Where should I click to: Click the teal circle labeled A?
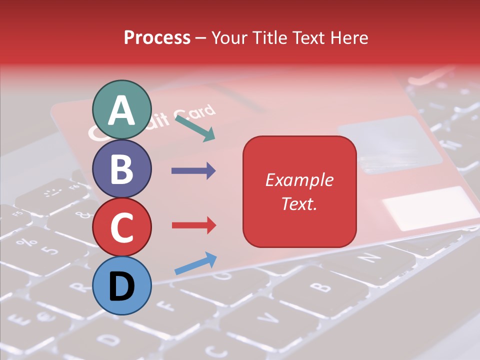tap(121, 109)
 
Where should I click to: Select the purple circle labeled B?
tap(121, 168)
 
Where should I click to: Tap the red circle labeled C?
tap(121, 227)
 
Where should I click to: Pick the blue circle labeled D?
tap(121, 285)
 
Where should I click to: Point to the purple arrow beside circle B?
tap(193, 171)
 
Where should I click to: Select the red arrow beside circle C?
tap(193, 225)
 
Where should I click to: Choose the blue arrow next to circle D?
tap(195, 263)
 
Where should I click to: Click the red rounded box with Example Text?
tap(299, 191)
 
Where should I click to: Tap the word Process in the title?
tap(157, 37)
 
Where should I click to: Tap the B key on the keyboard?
tap(318, 286)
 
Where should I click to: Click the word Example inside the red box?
tap(299, 180)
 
